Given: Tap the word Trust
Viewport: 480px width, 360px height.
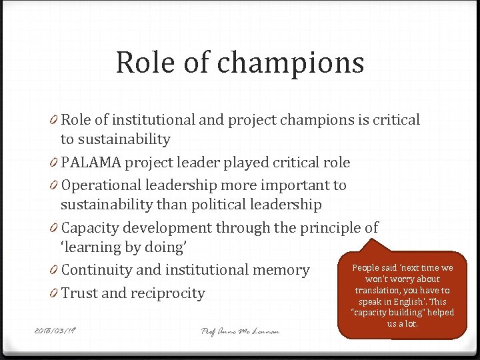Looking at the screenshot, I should [79, 293].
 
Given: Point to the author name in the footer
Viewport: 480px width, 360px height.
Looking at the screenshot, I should [240, 331].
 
